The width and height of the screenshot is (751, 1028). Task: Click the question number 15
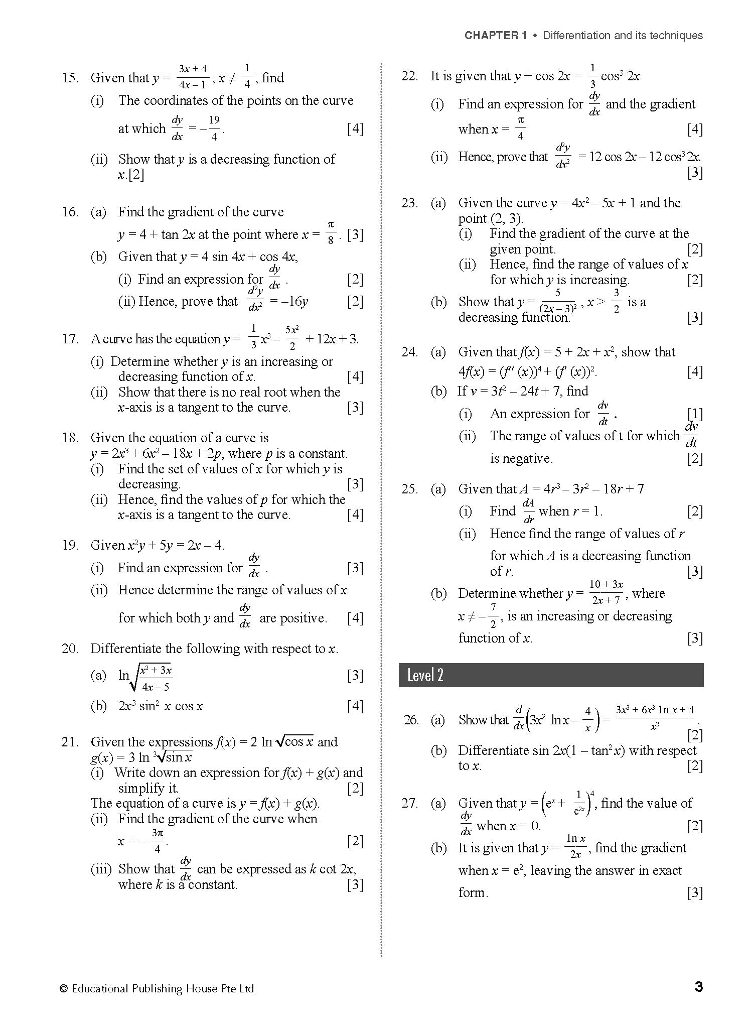(70, 78)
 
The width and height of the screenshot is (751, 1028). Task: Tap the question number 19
(70, 545)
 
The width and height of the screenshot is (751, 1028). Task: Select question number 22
(409, 76)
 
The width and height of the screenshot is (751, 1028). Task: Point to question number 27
(409, 803)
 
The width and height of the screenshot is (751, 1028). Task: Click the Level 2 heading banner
(550, 675)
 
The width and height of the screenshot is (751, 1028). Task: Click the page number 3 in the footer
(698, 987)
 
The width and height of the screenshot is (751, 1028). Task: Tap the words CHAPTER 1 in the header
(495, 35)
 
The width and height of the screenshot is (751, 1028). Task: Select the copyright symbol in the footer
(63, 989)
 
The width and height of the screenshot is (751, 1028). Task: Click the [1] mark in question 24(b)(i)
(695, 414)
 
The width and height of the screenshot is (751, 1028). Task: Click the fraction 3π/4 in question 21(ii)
(158, 841)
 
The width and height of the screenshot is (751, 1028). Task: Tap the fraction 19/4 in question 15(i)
(214, 128)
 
